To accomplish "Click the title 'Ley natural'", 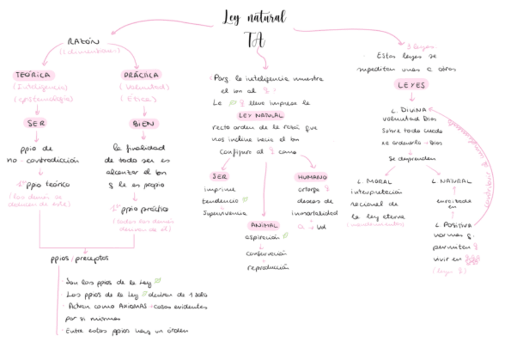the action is pos(254,17).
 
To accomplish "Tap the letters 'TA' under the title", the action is pos(254,39).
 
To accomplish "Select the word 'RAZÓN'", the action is pos(83,42).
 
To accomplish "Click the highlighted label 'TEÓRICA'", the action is pos(34,75).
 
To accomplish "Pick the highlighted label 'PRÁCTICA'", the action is pos(141,75).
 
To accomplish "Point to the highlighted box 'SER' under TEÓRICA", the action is pos(35,123).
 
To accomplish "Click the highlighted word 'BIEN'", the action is pos(143,124).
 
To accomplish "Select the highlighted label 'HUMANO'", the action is pos(311,177).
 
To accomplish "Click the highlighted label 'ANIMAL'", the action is pos(263,225).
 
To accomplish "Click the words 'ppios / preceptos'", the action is pos(80,259).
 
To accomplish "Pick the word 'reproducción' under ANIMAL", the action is pos(268,267).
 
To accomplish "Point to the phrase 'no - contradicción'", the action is pos(43,160).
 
